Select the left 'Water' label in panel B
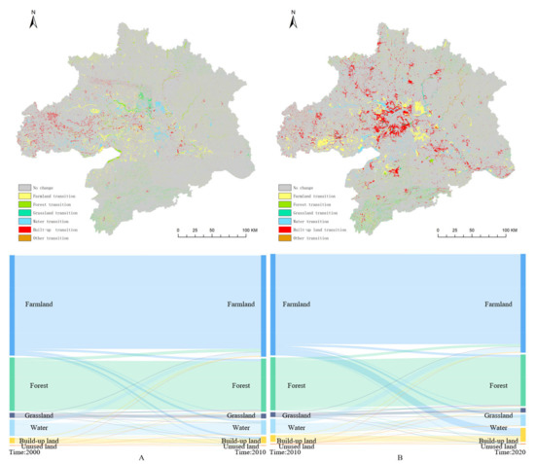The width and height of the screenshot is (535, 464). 295,427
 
